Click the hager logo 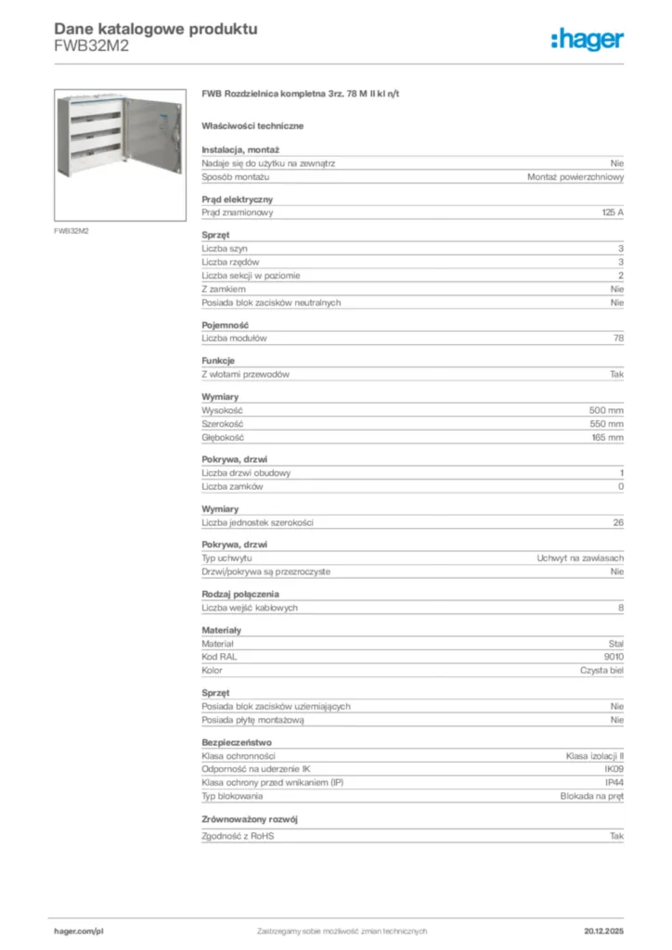tap(587, 39)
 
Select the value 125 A tap(613, 212)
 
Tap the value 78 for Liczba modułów tap(618, 338)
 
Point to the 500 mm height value tap(606, 409)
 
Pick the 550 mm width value tap(606, 423)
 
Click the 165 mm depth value tap(607, 437)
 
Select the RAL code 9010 tap(614, 656)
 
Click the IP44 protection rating tap(614, 782)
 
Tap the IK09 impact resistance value tap(614, 768)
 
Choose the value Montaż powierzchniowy tap(575, 176)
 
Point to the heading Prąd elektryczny tap(238, 199)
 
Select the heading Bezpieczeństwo tap(238, 741)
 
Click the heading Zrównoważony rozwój tap(250, 819)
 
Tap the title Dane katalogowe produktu tap(156, 30)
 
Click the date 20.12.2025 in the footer tap(603, 931)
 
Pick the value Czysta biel tap(602, 670)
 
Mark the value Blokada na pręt tap(592, 796)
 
